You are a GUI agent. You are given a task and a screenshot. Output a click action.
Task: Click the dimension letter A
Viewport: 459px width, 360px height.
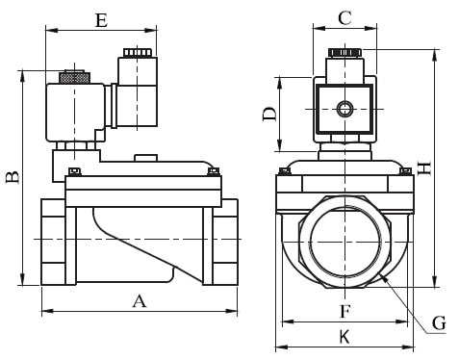(x=140, y=301)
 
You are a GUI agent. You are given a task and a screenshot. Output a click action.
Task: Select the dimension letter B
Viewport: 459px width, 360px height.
(x=13, y=177)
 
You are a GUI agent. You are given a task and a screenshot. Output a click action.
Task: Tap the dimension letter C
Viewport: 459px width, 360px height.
(x=344, y=18)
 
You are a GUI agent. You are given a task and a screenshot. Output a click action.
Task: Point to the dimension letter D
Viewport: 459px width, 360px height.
(x=269, y=114)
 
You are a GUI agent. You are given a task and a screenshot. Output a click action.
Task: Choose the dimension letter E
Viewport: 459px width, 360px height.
(x=101, y=20)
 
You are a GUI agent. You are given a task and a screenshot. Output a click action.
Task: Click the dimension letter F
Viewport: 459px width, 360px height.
(x=344, y=311)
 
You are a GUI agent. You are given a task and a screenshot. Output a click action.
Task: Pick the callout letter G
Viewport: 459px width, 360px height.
(x=439, y=323)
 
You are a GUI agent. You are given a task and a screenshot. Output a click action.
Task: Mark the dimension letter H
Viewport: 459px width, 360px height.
(x=425, y=168)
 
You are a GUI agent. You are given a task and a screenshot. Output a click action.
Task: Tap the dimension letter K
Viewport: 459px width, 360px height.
(x=344, y=337)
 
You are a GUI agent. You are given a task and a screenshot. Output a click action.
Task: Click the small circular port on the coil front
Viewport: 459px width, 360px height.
(x=345, y=109)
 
